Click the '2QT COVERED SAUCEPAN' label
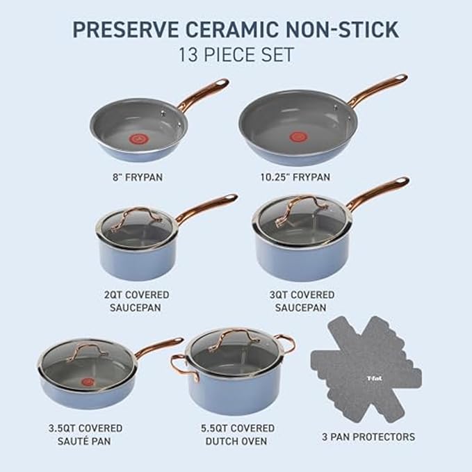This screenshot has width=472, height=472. coord(137,301)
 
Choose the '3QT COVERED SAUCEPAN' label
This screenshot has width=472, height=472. coord(302,301)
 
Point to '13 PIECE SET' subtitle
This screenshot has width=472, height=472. coord(236,54)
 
